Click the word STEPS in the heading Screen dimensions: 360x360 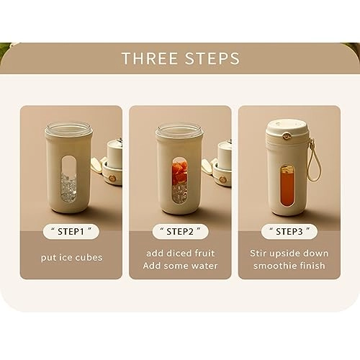coord(212,58)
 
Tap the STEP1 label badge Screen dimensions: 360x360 coord(71,232)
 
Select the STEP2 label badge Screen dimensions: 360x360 coord(180,232)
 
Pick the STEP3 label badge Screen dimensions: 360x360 coord(289,232)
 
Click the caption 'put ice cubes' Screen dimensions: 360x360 coord(71,258)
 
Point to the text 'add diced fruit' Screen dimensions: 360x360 coord(181,253)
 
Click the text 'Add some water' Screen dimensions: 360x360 coord(180,266)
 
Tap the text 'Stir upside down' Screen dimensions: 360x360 coord(289,253)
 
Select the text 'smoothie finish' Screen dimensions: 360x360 coord(289,266)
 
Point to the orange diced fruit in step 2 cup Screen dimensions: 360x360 coord(180,172)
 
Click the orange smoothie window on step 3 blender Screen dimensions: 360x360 coord(287,185)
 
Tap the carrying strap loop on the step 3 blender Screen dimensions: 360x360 coord(313,160)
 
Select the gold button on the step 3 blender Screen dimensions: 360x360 coord(286,136)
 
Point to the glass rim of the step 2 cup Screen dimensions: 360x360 coord(179,129)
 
